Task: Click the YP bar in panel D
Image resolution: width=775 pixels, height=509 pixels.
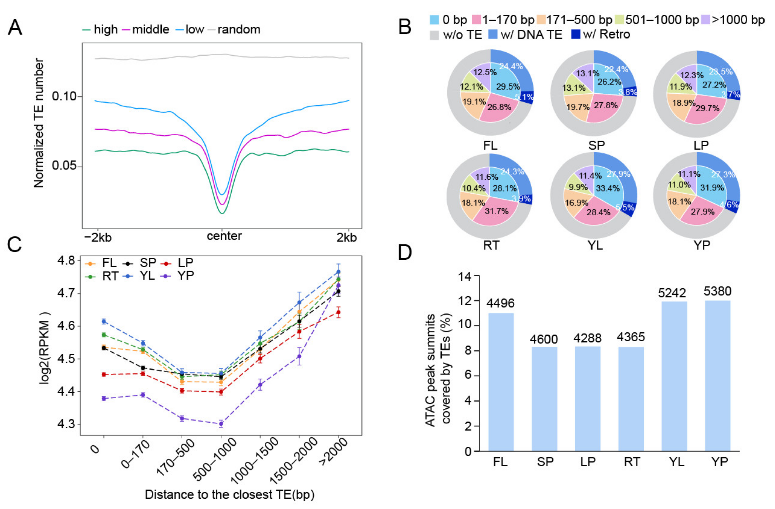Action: pyautogui.click(x=717, y=376)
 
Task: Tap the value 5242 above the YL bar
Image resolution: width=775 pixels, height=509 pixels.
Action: pyautogui.click(x=672, y=293)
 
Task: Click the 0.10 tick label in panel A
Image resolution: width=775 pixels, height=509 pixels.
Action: pyautogui.click(x=64, y=97)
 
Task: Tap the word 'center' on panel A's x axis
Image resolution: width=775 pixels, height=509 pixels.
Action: pyautogui.click(x=224, y=236)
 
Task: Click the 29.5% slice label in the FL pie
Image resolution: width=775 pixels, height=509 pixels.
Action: pyautogui.click(x=508, y=86)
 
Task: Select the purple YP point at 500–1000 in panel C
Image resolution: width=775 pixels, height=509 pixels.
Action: pyautogui.click(x=221, y=424)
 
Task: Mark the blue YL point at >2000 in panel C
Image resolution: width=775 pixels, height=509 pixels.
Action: pyautogui.click(x=338, y=272)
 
